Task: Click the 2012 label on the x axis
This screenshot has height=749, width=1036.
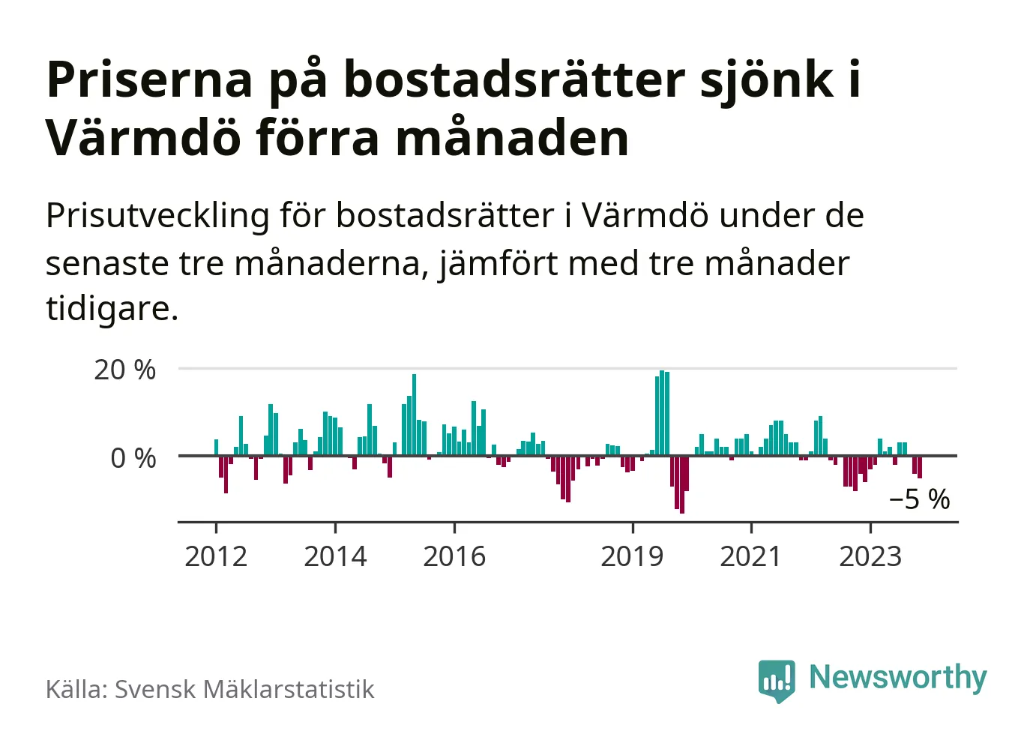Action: (x=216, y=556)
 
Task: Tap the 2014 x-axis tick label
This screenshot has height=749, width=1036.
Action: (x=335, y=556)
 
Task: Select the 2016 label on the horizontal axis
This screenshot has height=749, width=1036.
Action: (x=454, y=556)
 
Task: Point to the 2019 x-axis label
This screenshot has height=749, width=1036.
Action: (x=632, y=556)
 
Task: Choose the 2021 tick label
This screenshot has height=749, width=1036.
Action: (x=750, y=556)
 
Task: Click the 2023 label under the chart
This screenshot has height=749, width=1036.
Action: (x=870, y=556)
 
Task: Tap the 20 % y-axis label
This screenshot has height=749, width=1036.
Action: (x=124, y=370)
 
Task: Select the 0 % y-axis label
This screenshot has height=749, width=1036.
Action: (x=133, y=457)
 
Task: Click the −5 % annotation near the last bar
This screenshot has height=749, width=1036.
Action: (x=919, y=499)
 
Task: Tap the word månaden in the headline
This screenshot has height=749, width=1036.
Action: (x=512, y=139)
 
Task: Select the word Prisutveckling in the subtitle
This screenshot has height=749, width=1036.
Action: (x=157, y=216)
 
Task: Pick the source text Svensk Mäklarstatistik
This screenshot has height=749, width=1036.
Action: (x=244, y=689)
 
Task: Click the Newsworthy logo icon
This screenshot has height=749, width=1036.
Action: (x=777, y=680)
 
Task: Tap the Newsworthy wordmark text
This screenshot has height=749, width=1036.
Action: (x=898, y=677)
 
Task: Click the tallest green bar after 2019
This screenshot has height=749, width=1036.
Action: (x=662, y=413)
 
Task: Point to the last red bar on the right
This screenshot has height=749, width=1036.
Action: (x=920, y=466)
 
